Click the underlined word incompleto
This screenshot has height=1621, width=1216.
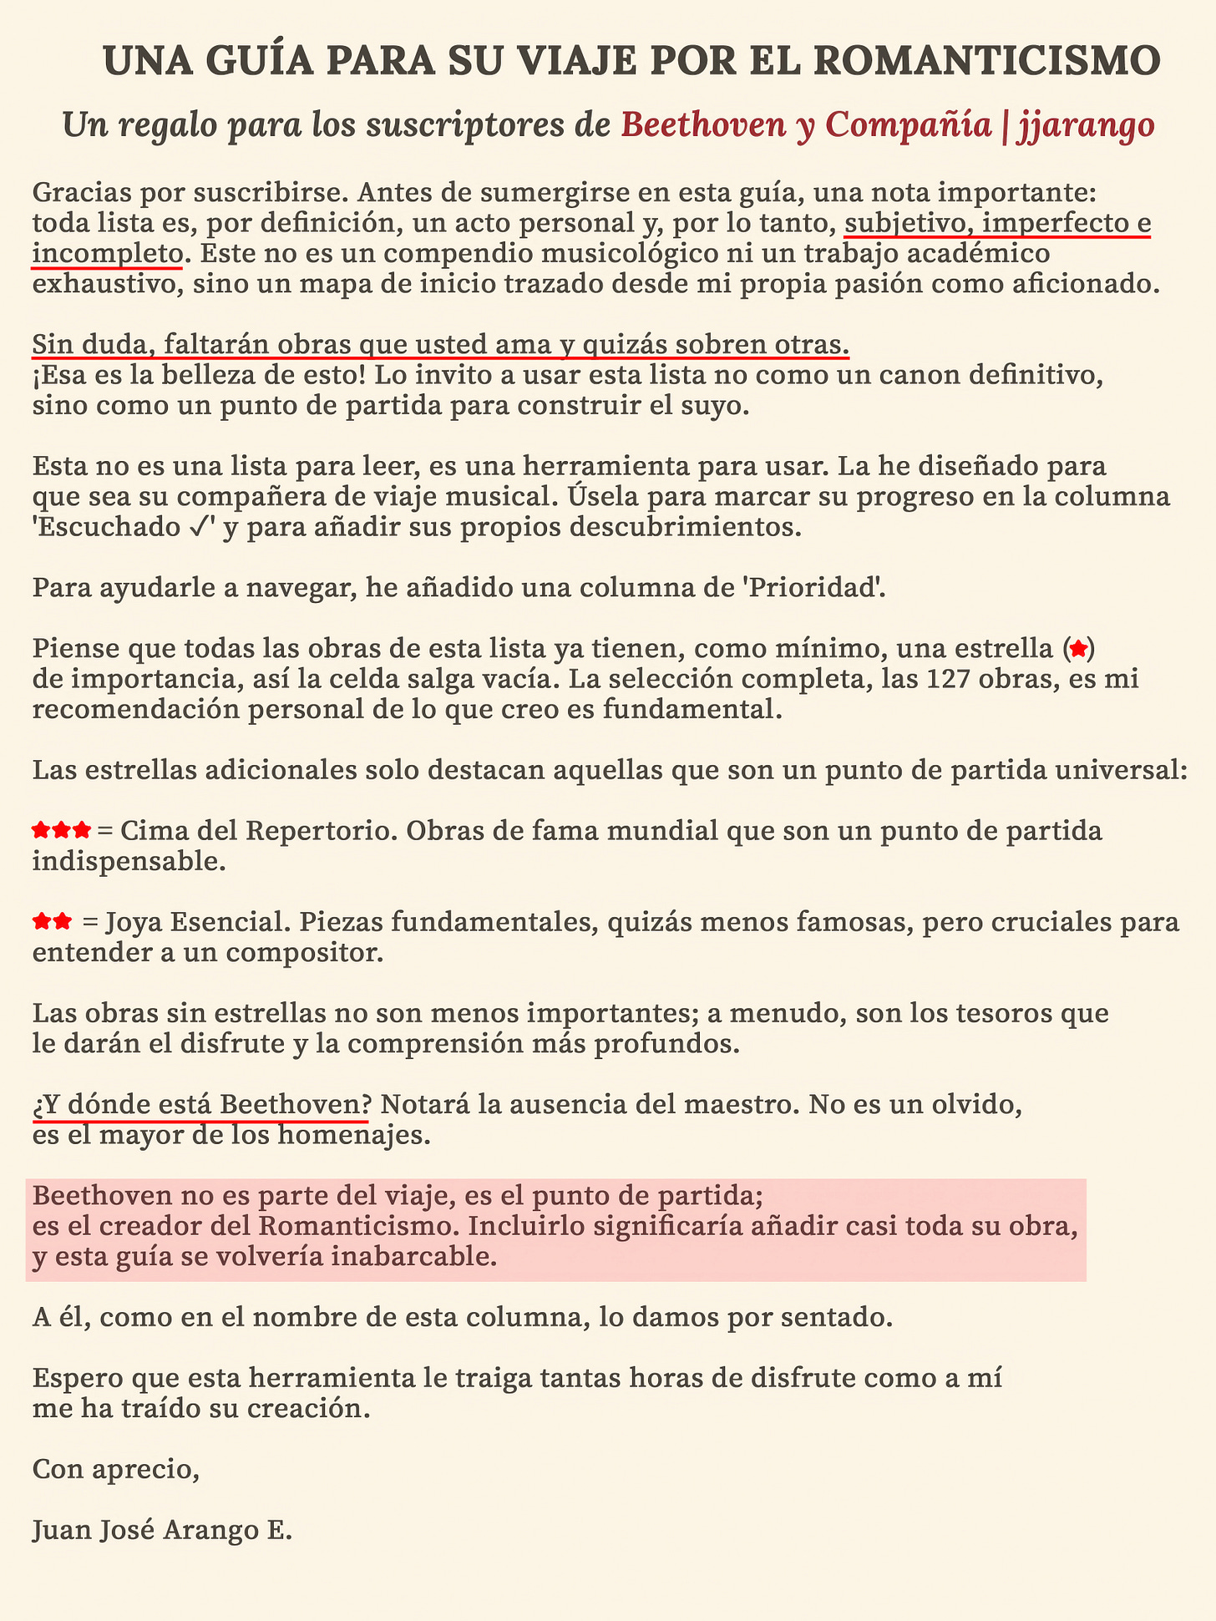coord(106,253)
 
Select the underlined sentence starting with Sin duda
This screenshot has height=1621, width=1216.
coord(441,344)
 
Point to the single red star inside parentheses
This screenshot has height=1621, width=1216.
coord(1078,647)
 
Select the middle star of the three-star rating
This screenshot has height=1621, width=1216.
coord(61,831)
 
